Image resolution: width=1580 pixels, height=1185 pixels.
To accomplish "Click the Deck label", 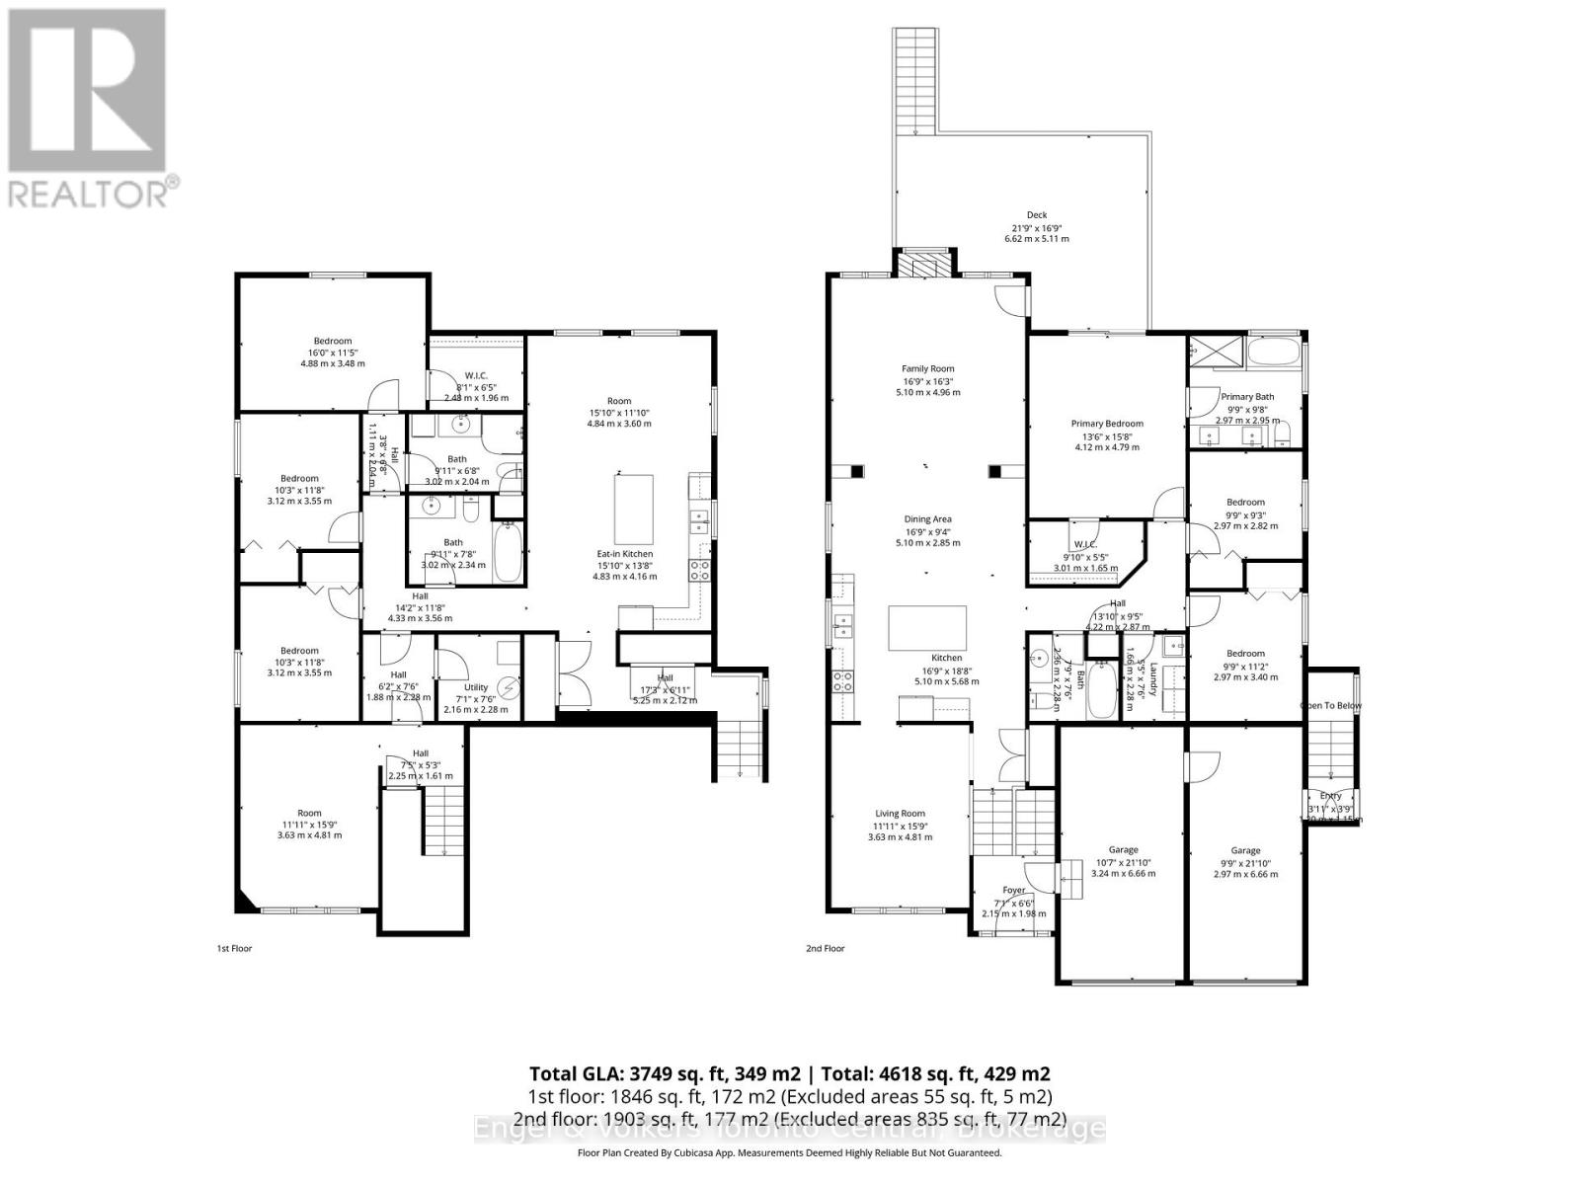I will [1036, 215].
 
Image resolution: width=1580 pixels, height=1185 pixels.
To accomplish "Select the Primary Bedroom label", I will [1106, 424].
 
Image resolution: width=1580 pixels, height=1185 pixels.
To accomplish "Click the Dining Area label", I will [927, 519].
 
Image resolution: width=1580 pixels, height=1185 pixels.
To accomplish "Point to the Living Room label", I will [899, 814].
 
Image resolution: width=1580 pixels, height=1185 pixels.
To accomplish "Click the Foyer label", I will [1013, 890].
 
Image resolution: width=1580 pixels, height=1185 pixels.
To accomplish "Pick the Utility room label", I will [476, 687].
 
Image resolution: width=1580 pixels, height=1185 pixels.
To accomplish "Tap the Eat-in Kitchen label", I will [624, 554].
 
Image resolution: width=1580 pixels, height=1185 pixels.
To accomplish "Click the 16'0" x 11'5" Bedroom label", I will [333, 342].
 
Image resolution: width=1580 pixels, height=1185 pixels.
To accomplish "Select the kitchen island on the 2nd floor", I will [927, 628].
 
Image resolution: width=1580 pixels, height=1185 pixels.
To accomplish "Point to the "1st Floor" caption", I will [234, 949].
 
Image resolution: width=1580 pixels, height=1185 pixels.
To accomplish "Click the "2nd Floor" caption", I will [825, 949].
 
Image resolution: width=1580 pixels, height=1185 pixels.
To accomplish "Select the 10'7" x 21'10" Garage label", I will [1123, 850].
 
